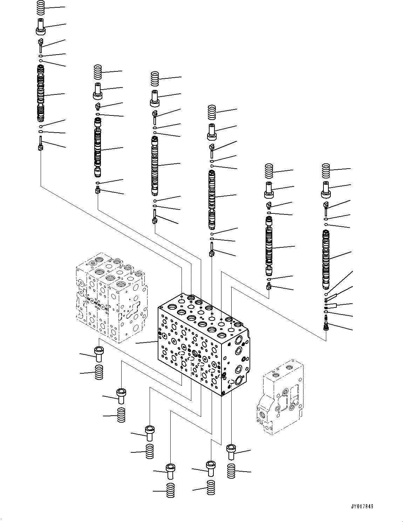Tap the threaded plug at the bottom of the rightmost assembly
(x=326, y=322)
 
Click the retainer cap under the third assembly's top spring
(x=155, y=98)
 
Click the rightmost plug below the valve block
(x=232, y=452)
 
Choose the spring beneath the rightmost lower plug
(x=231, y=471)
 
